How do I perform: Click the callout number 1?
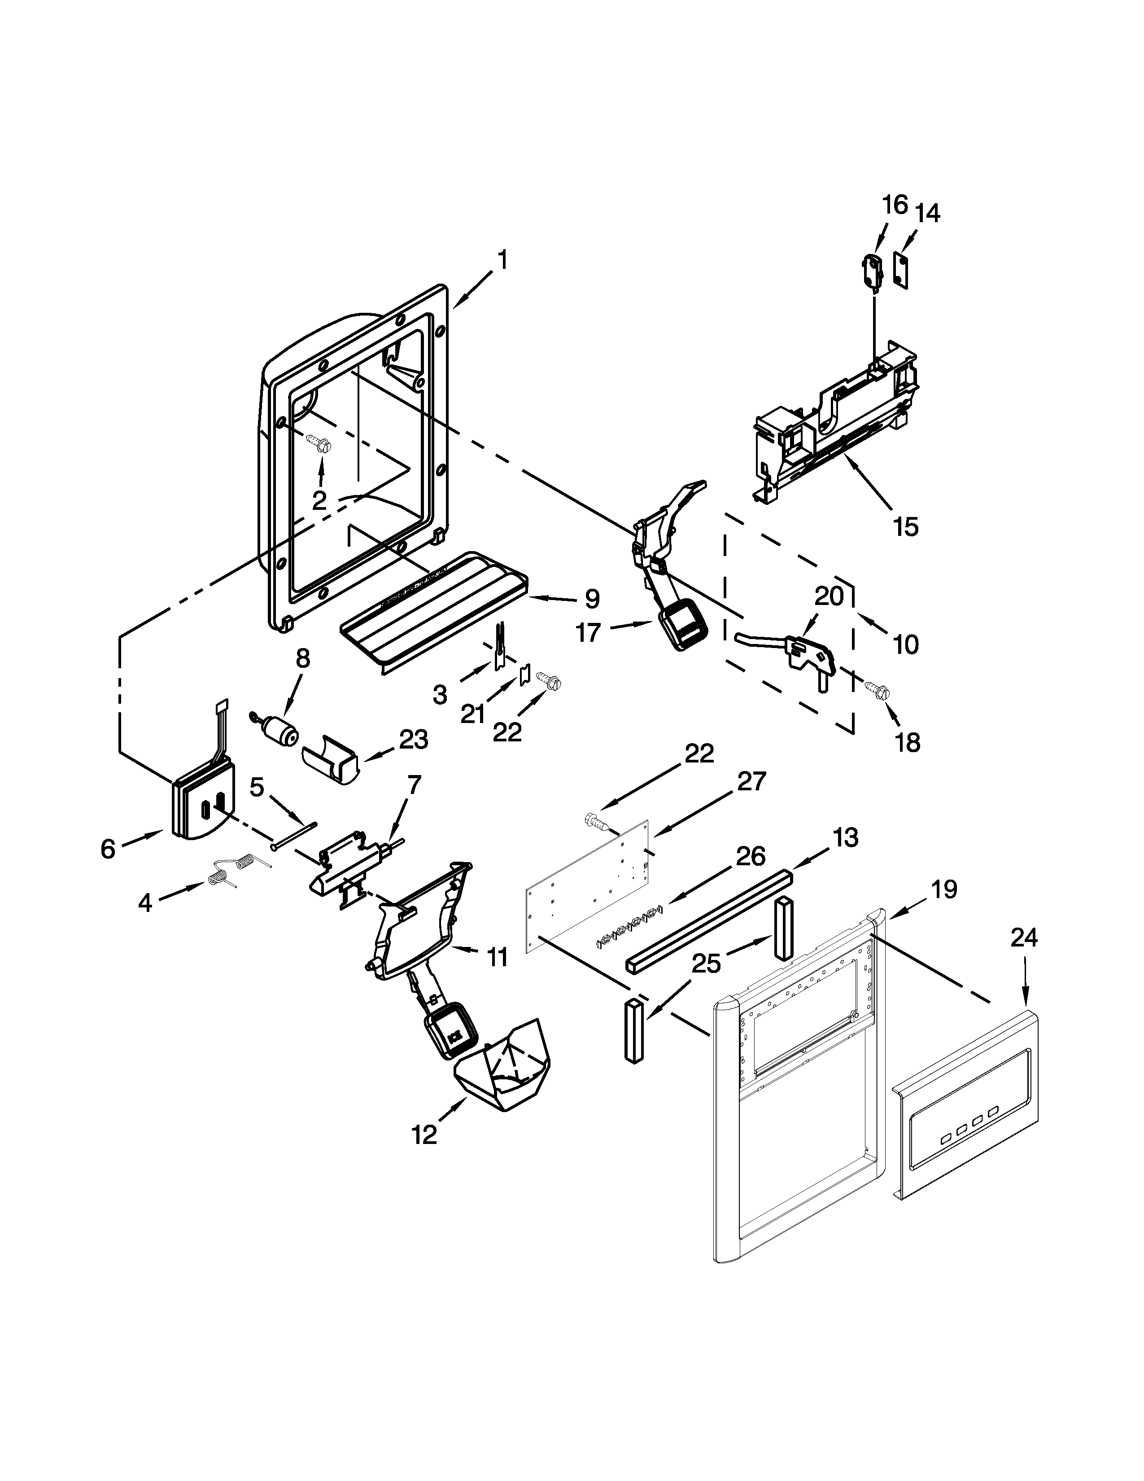pyautogui.click(x=502, y=260)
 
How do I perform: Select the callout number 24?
pyautogui.click(x=1023, y=938)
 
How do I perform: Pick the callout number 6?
pyautogui.click(x=109, y=849)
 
